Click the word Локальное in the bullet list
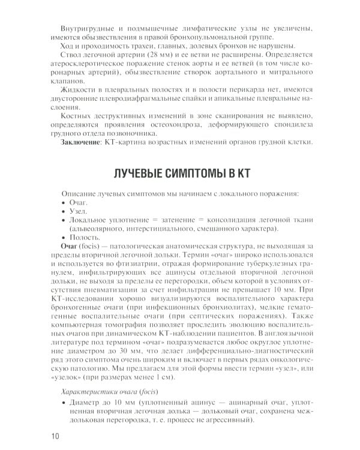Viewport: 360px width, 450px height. pos(89,220)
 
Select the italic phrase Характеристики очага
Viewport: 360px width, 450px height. pos(100,392)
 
